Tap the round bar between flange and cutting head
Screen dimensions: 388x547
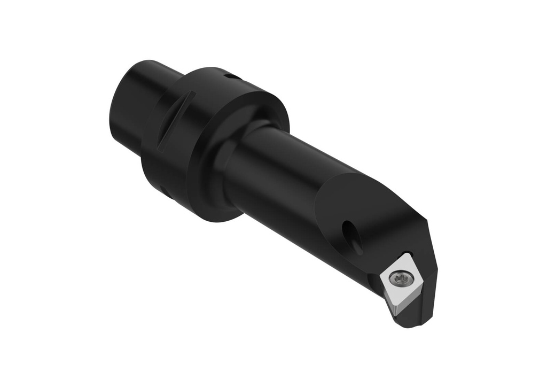283,176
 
